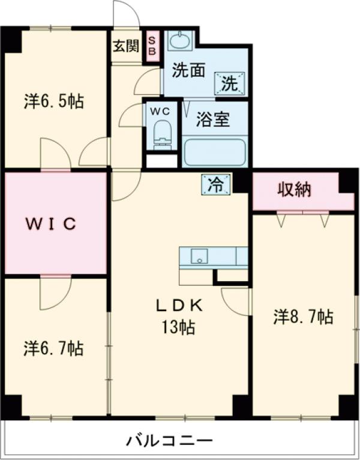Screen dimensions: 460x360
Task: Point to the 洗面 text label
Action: click(188, 70)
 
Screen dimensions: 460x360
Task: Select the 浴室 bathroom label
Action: click(214, 119)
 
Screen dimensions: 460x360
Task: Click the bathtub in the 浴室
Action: click(214, 152)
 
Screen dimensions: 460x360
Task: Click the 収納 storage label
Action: click(294, 190)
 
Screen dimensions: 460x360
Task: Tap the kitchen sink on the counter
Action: click(198, 256)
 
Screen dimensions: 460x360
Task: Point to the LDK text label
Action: click(180, 305)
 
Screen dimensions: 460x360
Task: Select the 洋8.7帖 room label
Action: click(303, 316)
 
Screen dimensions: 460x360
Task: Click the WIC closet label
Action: click(52, 225)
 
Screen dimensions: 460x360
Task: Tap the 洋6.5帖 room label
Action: click(53, 100)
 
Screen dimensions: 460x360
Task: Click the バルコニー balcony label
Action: click(169, 442)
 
